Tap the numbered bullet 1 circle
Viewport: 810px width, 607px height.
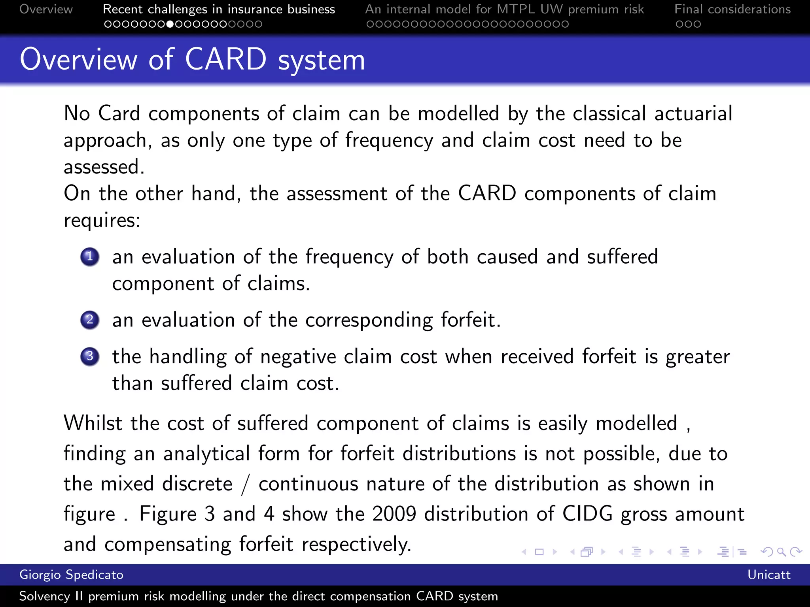click(x=90, y=257)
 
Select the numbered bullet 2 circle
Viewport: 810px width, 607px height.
click(x=90, y=320)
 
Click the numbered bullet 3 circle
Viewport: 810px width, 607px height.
click(x=90, y=356)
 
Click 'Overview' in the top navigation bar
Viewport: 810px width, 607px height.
click(x=46, y=9)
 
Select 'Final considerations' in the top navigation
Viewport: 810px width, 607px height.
click(x=732, y=9)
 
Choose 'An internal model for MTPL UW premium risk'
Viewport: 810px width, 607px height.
click(x=504, y=9)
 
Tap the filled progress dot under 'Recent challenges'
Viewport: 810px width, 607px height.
click(x=170, y=24)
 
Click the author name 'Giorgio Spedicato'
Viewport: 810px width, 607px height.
click(x=71, y=575)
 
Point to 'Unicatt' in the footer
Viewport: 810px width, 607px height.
click(x=768, y=575)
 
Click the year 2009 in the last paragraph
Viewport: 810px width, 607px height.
click(x=394, y=514)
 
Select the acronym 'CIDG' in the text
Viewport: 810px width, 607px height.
click(x=587, y=514)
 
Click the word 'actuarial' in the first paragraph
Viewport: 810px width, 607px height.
click(x=693, y=113)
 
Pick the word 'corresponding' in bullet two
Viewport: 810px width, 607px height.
click(x=369, y=320)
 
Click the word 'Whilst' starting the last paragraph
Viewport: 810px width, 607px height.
click(x=93, y=423)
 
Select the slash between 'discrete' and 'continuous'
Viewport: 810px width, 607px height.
click(x=246, y=484)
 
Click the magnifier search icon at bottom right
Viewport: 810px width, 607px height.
click(x=781, y=552)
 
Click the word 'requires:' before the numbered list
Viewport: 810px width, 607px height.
click(x=102, y=221)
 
